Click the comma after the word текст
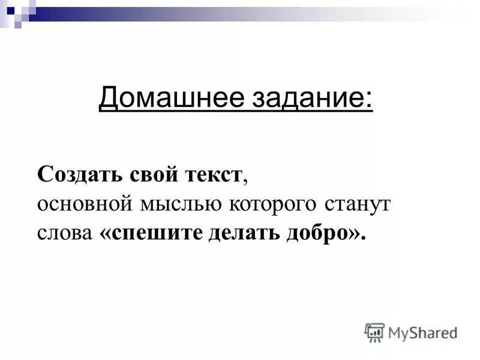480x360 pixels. point(246,181)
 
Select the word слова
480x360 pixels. point(62,232)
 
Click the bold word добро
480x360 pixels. point(311,232)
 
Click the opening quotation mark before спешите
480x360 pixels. point(100,233)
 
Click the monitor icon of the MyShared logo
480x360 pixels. point(374,332)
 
